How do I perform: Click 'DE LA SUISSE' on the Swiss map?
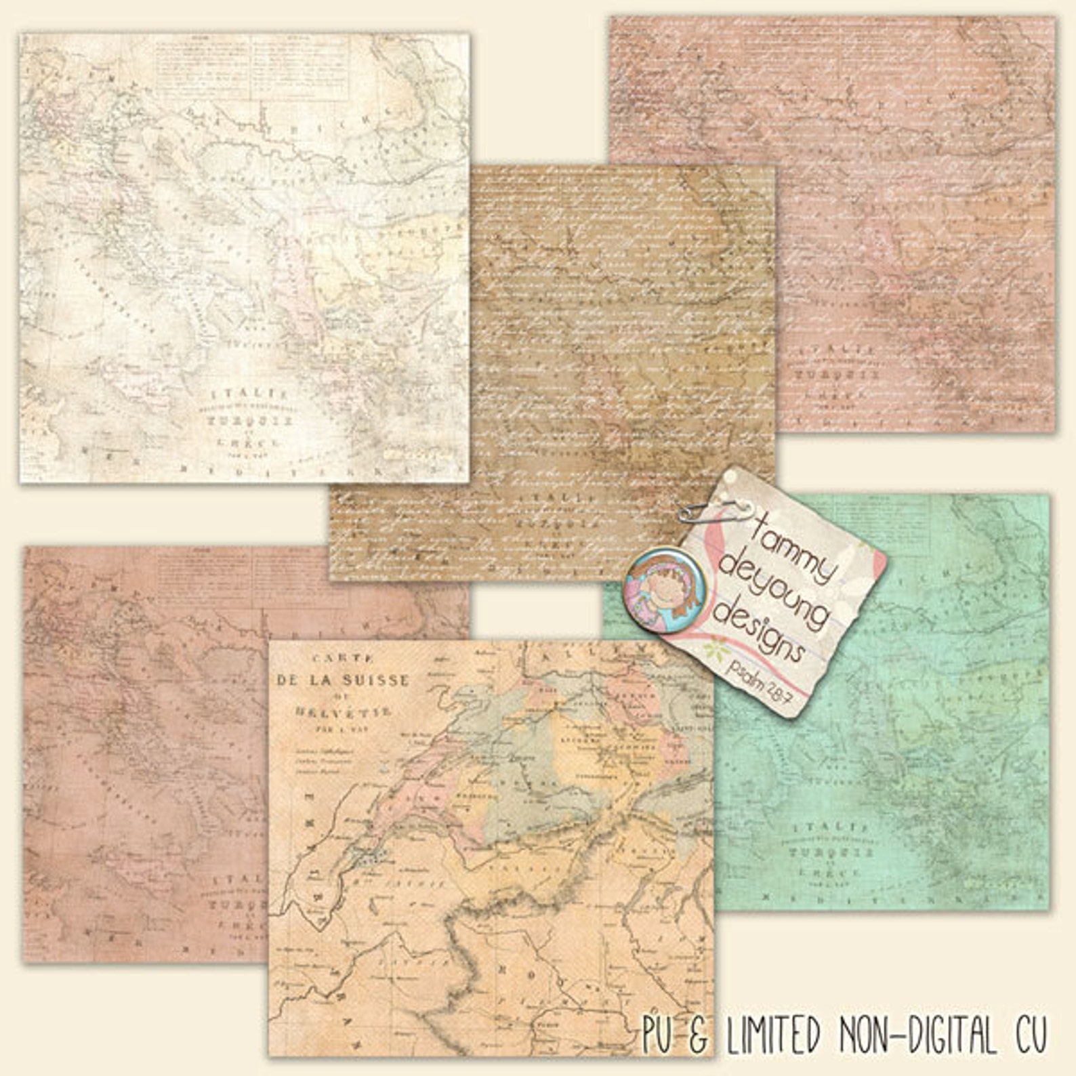click(342, 680)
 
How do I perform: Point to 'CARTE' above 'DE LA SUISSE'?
click(339, 657)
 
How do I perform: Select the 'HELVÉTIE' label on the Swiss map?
click(343, 712)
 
